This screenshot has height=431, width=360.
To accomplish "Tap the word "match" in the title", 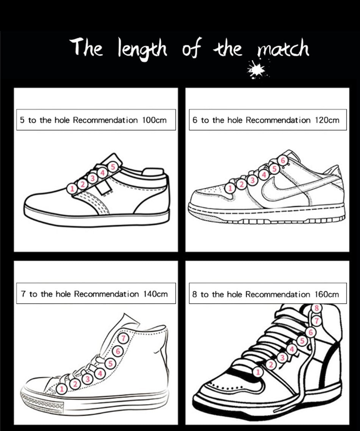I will coord(283,49).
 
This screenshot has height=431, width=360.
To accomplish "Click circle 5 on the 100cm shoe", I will coord(113,166).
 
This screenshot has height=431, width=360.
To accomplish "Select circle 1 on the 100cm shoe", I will coord(71,187).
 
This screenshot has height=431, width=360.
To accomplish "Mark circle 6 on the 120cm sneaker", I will coord(282,160).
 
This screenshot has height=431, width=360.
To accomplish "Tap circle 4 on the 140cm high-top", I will coord(100,374).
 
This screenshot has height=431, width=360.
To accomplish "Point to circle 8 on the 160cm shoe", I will coord(317,308).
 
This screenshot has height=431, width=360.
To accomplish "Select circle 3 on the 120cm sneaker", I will coord(251,180).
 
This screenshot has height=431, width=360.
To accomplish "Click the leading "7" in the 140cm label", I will coord(23,294).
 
